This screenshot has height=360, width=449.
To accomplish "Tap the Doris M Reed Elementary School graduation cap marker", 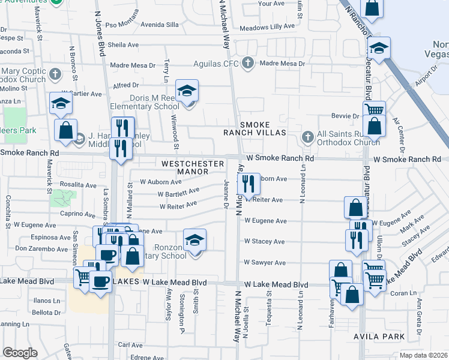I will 187,91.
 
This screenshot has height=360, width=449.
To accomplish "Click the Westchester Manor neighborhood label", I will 184,167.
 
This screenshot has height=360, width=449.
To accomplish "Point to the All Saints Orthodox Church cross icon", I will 307,136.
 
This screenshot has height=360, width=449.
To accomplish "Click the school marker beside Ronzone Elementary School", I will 194,241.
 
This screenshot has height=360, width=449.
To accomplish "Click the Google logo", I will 20,353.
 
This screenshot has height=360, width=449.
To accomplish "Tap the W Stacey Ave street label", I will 264,242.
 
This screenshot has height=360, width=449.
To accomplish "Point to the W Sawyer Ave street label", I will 264,263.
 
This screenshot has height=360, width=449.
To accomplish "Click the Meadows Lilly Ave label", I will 268,28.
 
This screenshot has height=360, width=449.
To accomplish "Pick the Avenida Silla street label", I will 159,25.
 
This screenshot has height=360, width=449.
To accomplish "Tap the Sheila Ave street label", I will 123,44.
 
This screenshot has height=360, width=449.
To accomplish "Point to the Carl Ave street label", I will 130,345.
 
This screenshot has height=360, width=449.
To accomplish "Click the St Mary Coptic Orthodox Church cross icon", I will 55,74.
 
